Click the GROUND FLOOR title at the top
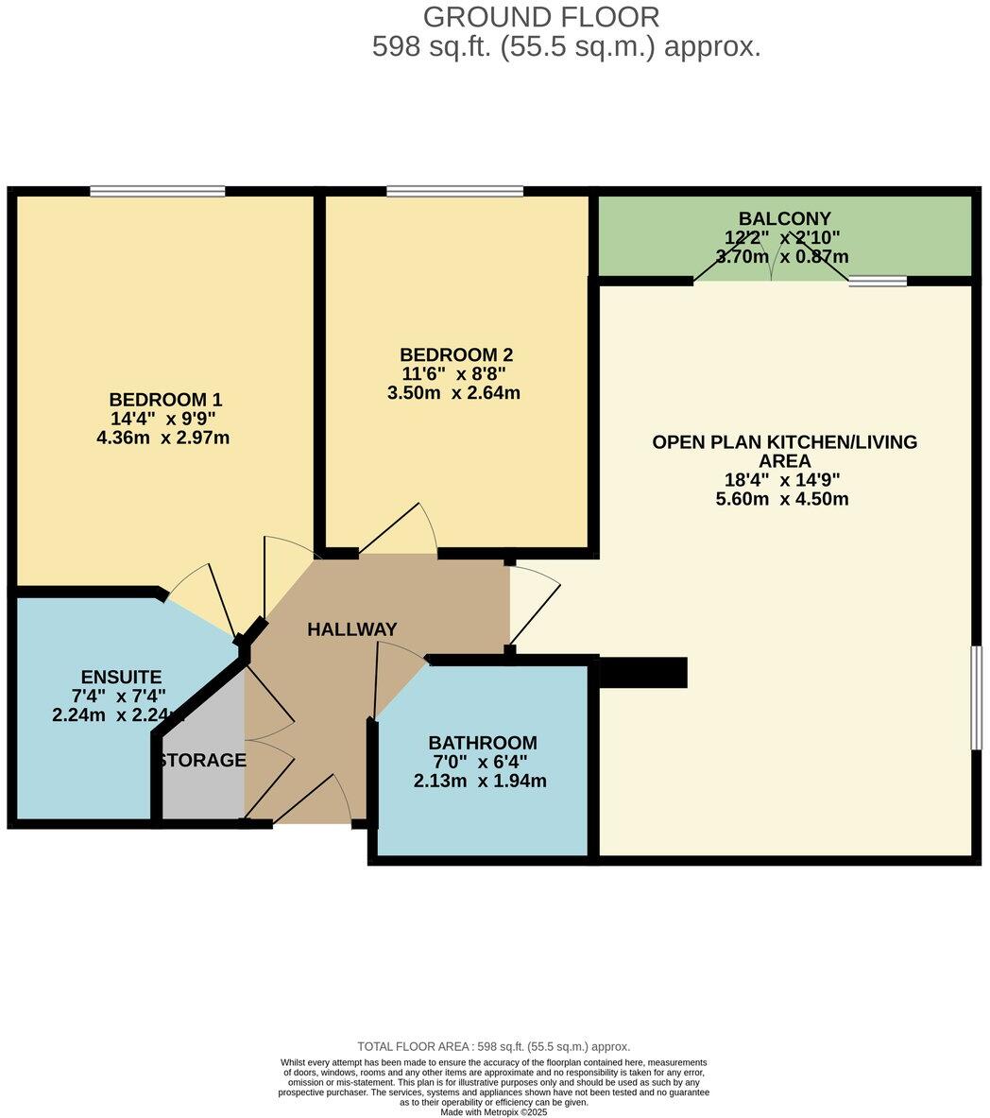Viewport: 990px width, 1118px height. tap(541, 17)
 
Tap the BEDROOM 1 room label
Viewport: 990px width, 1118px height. tap(165, 399)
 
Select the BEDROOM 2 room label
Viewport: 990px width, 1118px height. tap(456, 354)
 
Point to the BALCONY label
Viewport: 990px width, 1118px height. tap(785, 218)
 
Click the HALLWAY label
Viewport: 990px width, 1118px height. tap(351, 629)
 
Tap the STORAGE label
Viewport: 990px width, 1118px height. tap(203, 760)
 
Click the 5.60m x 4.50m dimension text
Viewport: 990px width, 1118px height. tap(782, 499)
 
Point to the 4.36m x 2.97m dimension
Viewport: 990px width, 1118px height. tap(163, 438)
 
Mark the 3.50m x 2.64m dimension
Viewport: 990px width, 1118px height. tap(453, 393)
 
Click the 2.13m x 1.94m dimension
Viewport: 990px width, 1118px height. tap(480, 781)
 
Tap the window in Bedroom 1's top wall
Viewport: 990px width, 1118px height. tap(158, 191)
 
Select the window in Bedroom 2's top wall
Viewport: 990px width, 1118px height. tap(454, 191)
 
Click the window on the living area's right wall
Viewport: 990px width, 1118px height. tap(976, 698)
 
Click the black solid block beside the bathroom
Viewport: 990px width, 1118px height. tap(643, 673)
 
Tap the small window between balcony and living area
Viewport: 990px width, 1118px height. tap(878, 281)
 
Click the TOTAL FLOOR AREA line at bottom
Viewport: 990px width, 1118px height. tap(493, 1046)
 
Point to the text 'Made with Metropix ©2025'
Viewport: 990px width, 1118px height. tap(493, 1112)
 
